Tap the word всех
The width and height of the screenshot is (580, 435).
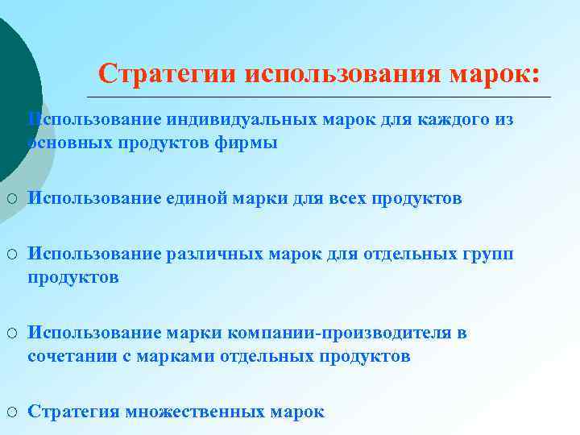pyautogui.click(x=347, y=198)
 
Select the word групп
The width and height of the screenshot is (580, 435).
pyautogui.click(x=487, y=254)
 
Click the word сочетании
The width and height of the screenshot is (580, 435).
pyautogui.click(x=70, y=356)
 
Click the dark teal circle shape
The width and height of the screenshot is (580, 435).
pyautogui.click(x=12, y=89)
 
